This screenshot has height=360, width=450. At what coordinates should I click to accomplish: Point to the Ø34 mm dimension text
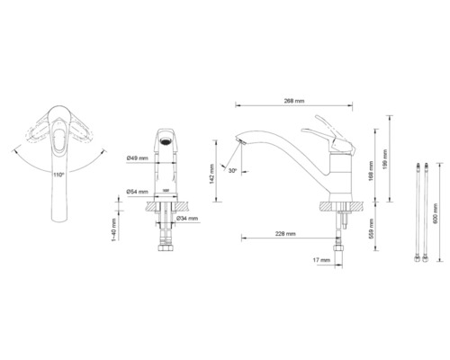pos(188,219)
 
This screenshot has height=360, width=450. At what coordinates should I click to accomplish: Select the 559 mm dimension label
pos(370,230)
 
